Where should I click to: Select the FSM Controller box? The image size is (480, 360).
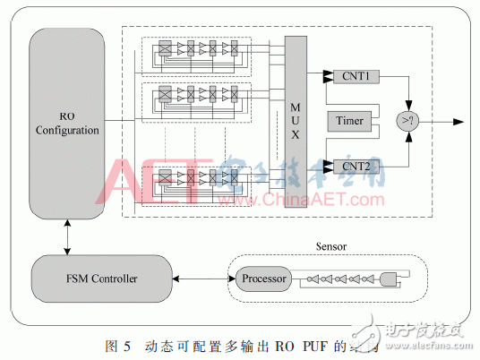pyautogui.click(x=100, y=279)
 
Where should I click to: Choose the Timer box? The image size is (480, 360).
pyautogui.click(x=350, y=121)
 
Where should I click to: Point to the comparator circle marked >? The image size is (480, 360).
pyautogui.click(x=407, y=121)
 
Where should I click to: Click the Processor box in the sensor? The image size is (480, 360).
pyautogui.click(x=264, y=279)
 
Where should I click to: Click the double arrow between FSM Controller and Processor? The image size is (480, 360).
pyautogui.click(x=201, y=279)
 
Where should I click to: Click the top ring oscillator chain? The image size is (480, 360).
pyautogui.click(x=197, y=50)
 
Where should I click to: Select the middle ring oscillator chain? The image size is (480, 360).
pyautogui.click(x=197, y=91)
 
